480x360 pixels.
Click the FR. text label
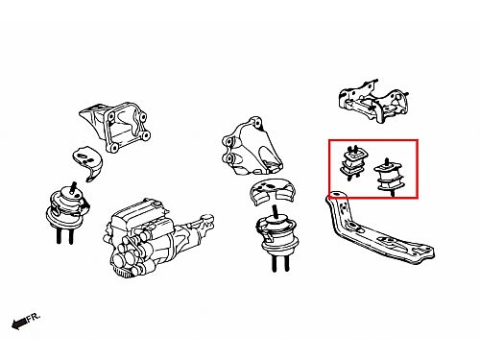click(x=34, y=318)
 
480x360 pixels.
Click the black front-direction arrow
click(x=19, y=324)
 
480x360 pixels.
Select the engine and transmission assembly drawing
click(x=158, y=238)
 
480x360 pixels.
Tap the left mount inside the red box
click(x=352, y=162)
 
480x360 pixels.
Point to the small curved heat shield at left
click(x=86, y=162)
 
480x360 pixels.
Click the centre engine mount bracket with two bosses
click(x=252, y=147)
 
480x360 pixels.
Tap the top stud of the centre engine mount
click(x=275, y=212)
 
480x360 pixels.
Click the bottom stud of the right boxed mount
click(x=392, y=193)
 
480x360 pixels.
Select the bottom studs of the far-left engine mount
click(x=64, y=236)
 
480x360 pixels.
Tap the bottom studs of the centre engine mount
click(x=280, y=264)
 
